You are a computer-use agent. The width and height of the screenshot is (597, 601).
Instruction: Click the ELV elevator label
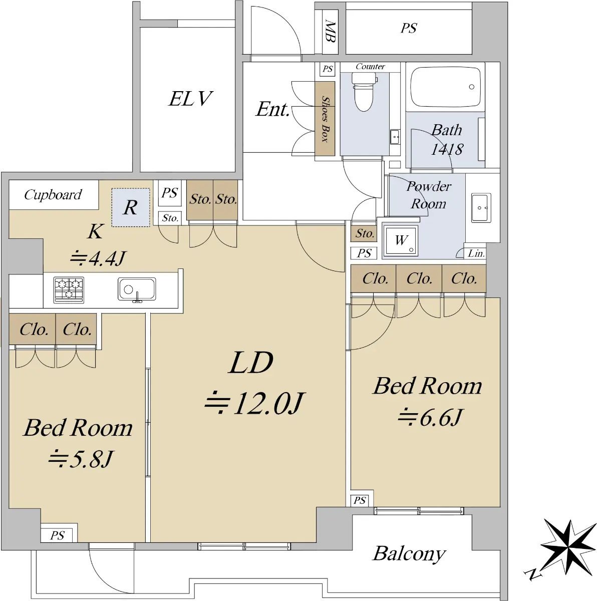(190, 99)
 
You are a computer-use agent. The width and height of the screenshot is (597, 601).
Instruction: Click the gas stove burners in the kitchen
(69, 290)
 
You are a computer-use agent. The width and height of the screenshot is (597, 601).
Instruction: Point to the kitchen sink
(137, 289)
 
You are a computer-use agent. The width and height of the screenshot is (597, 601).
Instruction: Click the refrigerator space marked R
(131, 207)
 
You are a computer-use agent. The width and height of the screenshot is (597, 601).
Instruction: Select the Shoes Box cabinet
(325, 119)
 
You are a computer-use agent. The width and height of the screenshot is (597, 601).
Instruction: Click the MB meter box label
(331, 31)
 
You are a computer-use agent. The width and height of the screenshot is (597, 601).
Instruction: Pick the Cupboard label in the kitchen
(53, 195)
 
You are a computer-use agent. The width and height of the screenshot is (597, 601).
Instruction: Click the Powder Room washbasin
(481, 208)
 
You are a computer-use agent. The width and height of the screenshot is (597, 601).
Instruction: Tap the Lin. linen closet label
(476, 253)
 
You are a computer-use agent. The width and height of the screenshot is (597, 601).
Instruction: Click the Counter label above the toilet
(370, 67)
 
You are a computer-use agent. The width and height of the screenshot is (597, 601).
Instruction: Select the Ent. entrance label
(272, 110)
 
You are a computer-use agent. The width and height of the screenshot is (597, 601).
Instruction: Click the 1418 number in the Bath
(447, 149)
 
